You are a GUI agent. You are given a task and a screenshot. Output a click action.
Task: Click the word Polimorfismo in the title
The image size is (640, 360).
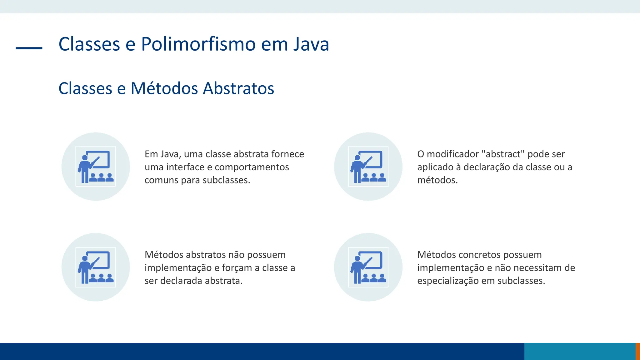[198, 44]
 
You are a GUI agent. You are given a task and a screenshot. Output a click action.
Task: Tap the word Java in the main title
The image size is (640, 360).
[311, 44]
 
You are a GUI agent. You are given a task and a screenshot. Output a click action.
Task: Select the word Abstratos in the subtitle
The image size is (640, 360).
[238, 88]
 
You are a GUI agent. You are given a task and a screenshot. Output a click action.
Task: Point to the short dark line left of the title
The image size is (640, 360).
[29, 48]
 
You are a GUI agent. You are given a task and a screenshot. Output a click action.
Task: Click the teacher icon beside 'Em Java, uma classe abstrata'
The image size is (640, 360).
[96, 167]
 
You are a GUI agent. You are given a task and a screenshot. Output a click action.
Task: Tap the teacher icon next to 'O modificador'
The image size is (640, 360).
[368, 167]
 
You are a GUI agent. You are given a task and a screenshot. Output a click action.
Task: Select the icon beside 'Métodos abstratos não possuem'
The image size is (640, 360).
[96, 267]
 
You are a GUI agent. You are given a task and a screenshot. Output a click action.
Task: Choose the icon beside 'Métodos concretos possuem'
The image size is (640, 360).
[368, 267]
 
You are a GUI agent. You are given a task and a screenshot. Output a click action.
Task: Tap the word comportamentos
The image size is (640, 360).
[252, 167]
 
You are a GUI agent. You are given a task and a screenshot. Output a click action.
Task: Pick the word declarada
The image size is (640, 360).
[181, 281]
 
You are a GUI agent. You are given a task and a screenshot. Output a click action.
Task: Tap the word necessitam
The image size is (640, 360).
[537, 268]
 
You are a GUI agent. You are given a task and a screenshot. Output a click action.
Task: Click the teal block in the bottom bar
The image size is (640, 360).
[580, 351]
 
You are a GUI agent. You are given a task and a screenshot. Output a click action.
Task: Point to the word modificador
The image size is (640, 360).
[452, 154]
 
